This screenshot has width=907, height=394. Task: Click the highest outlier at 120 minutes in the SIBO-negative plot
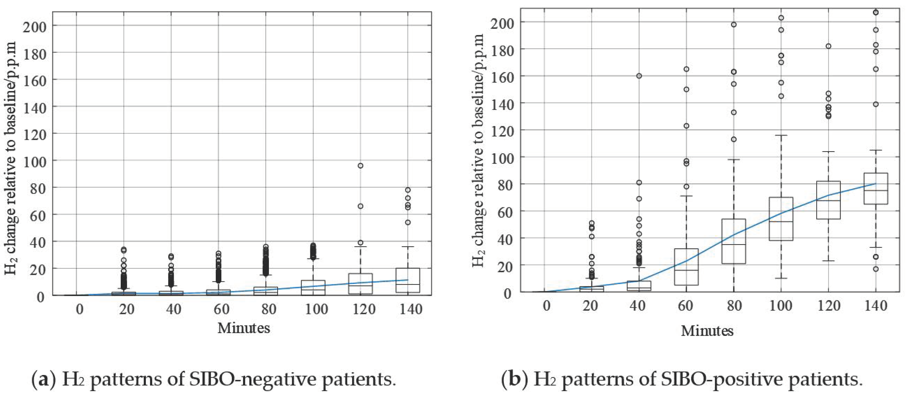coord(360,165)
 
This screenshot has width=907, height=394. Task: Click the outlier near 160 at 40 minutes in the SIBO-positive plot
coord(639,76)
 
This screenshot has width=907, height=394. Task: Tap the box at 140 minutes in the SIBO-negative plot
coord(407,280)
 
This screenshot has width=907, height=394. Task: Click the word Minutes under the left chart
coord(243,328)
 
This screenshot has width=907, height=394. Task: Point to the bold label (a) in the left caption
coord(44,379)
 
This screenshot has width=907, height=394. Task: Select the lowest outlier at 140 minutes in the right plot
coord(876,269)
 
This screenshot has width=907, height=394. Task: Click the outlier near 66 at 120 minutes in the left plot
coord(360,206)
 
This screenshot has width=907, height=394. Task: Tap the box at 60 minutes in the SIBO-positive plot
coord(686,267)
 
